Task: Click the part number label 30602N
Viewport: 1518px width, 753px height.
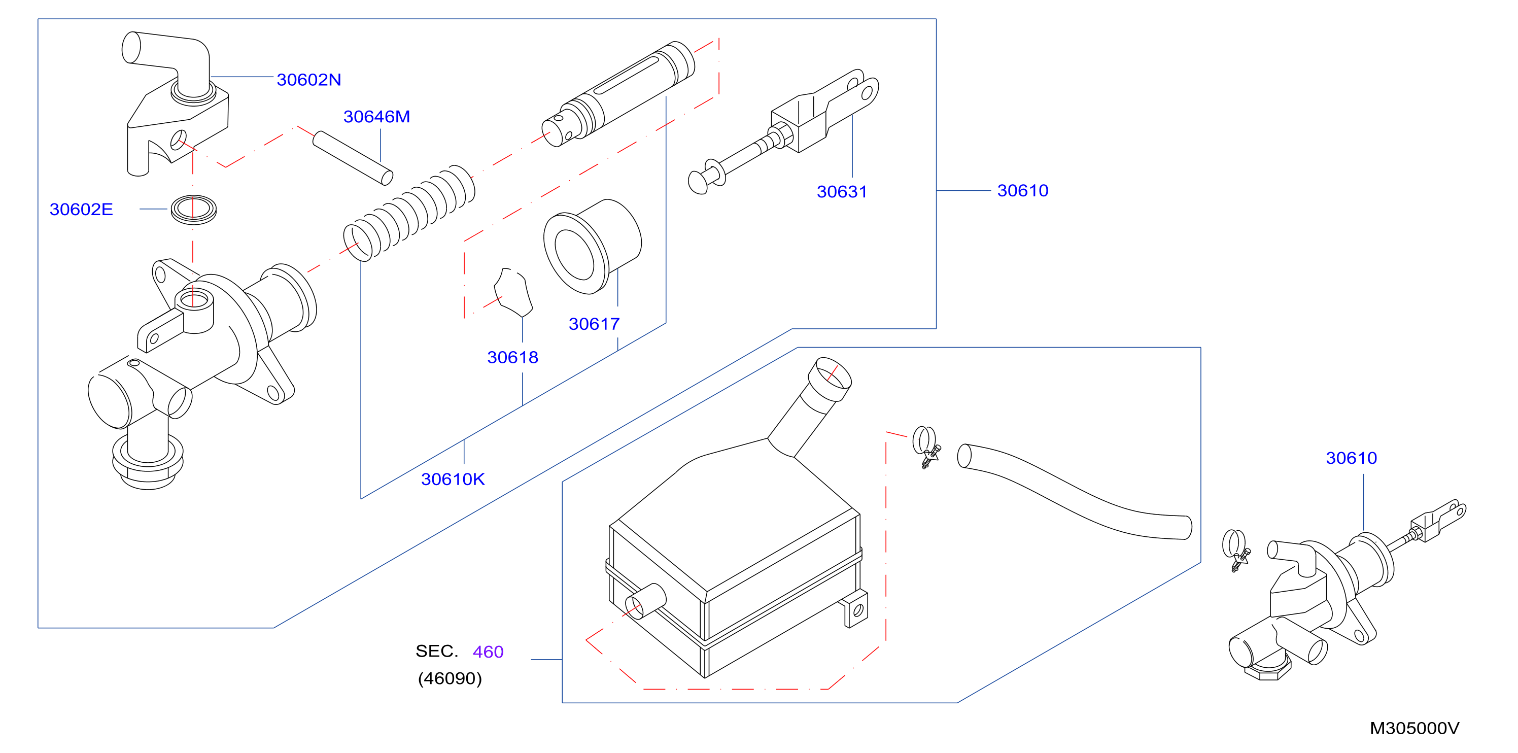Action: [x=309, y=80]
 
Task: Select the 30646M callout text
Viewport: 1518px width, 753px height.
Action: [x=376, y=117]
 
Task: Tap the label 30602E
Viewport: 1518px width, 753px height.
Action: [x=81, y=209]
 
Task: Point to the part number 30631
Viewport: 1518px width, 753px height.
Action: [x=842, y=191]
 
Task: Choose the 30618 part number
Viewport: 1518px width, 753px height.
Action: [x=512, y=357]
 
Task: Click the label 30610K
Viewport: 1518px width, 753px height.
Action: [x=453, y=479]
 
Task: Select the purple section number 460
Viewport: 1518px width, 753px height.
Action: [x=488, y=652]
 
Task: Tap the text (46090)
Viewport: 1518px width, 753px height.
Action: [x=450, y=679]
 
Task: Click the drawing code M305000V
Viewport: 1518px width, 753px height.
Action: [x=1414, y=728]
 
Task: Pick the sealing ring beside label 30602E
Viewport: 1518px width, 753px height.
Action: [x=193, y=210]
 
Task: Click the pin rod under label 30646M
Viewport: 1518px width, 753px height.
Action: [x=353, y=158]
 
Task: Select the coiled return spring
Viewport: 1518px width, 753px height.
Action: [x=409, y=212]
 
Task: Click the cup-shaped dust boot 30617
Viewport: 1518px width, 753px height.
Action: [x=592, y=246]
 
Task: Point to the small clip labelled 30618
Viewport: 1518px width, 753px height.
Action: [x=513, y=292]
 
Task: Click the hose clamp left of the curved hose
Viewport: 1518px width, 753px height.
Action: [x=926, y=447]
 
